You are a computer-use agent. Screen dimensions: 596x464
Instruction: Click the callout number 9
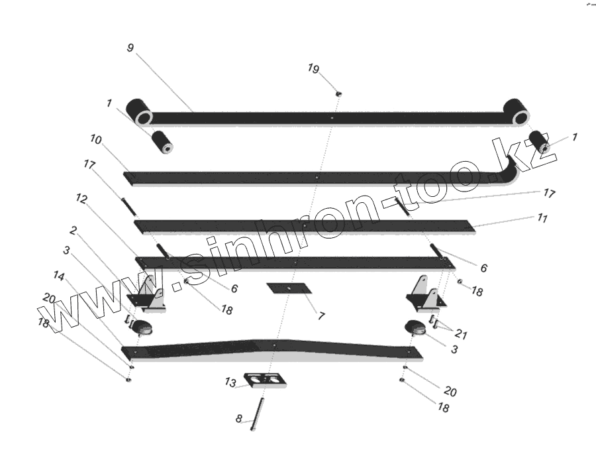[130, 48]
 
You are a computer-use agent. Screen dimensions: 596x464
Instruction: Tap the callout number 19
[314, 68]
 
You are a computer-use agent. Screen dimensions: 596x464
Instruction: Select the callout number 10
[96, 140]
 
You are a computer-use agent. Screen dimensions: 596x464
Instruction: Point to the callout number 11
[542, 217]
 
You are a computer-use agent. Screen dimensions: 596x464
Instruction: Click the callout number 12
[81, 198]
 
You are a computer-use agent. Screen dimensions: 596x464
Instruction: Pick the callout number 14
[60, 275]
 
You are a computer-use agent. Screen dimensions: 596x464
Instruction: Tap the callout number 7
[321, 316]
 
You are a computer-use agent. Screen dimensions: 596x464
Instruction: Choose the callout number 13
[230, 382]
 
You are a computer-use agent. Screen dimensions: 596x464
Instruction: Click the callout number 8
[239, 419]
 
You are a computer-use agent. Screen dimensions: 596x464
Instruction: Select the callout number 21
[462, 335]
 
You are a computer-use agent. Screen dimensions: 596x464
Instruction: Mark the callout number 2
[73, 231]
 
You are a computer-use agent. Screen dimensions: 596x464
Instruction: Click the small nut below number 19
[338, 94]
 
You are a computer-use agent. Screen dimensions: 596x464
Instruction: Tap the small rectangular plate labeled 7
[289, 289]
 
